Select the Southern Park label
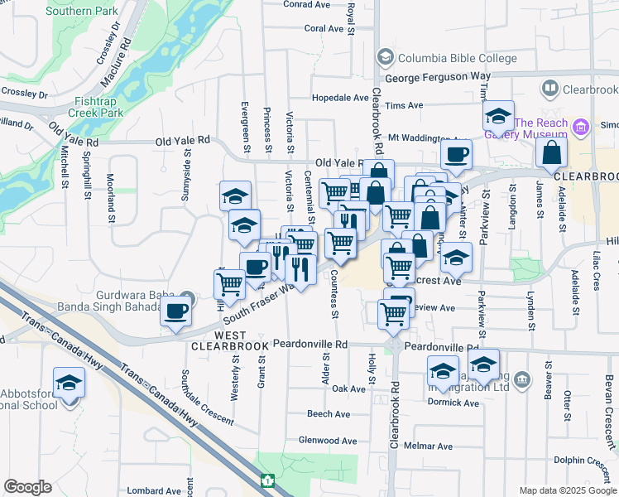(81, 11)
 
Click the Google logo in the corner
(27, 487)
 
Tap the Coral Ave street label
(323, 28)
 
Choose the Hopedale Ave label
(340, 97)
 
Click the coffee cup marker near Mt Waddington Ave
(455, 153)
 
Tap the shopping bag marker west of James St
(551, 153)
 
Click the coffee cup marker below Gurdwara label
(175, 311)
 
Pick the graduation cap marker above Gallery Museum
(498, 115)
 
